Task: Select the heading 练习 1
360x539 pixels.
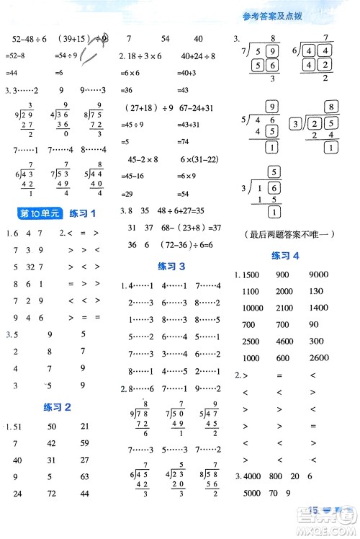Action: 82,213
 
